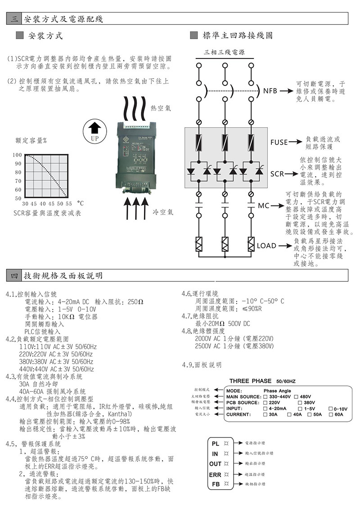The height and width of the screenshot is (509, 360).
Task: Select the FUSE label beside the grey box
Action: point(279,142)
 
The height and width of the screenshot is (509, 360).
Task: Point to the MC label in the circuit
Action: point(264,206)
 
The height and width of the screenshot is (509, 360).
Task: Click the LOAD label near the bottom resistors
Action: point(266,246)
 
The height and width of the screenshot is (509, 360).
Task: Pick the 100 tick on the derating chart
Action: point(17,155)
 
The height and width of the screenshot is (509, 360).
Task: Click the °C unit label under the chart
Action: point(81,205)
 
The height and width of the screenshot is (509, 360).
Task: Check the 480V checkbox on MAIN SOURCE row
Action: point(297,397)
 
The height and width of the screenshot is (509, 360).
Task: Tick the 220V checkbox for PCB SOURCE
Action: point(265,402)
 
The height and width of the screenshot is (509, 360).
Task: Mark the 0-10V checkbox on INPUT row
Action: point(331,408)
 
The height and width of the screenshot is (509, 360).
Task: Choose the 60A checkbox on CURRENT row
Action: point(331,414)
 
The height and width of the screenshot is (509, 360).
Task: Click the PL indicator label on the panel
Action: point(216,444)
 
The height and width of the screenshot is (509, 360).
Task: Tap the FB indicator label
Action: point(216,484)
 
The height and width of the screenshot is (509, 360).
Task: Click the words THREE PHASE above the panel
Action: point(250,381)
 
